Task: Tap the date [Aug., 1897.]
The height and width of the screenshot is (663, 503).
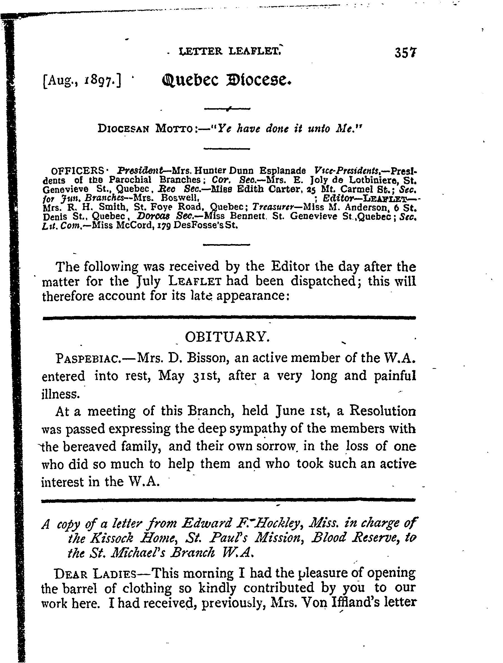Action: [82, 80]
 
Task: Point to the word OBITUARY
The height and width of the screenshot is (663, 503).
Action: [228, 337]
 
